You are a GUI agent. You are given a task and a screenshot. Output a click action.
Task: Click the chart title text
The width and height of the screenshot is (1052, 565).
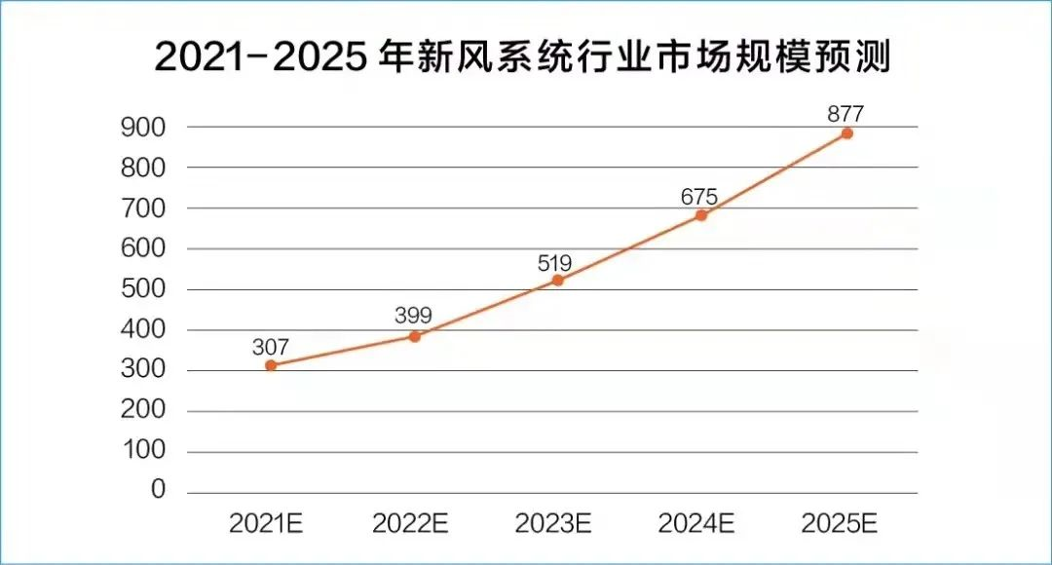click(523, 58)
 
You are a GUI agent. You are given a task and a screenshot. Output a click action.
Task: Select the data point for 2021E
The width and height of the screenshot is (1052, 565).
click(271, 365)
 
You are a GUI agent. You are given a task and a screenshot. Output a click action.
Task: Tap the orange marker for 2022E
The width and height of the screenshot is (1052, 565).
click(414, 336)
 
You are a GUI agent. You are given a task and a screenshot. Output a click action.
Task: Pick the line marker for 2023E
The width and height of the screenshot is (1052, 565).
click(557, 281)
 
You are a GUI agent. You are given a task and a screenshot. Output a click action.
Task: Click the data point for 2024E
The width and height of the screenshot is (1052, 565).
click(701, 215)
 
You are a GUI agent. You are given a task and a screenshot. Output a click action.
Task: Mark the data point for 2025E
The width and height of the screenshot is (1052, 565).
click(846, 132)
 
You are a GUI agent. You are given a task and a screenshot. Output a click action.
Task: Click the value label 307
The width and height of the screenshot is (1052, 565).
click(270, 346)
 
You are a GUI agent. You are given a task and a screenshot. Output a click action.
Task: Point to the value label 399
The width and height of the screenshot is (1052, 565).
click(413, 315)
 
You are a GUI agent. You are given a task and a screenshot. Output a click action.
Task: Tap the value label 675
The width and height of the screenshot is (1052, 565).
click(699, 196)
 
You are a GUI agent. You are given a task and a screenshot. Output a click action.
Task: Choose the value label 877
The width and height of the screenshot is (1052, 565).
click(845, 113)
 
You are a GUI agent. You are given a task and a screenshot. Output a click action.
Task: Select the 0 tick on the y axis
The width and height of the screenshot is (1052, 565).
click(158, 490)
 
